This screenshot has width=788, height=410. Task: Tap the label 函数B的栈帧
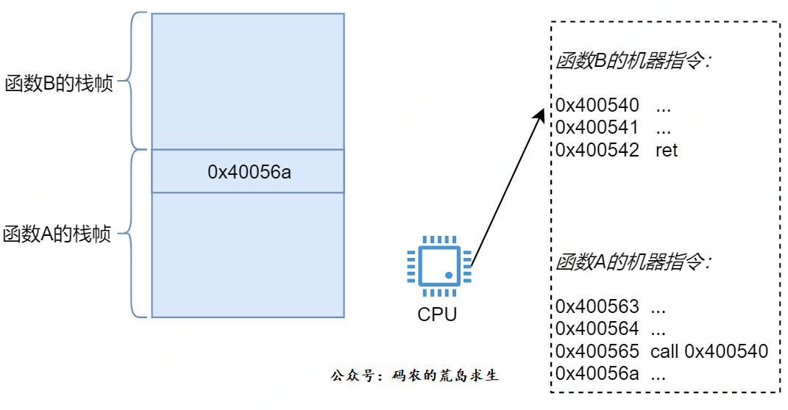(x=59, y=82)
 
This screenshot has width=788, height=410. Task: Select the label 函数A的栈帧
(x=57, y=235)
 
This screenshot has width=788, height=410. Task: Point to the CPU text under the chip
(x=437, y=315)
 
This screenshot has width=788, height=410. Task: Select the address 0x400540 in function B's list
(x=597, y=106)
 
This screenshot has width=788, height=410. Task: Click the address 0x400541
(x=597, y=128)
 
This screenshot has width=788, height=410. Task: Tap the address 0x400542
(x=597, y=150)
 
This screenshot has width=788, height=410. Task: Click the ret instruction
(x=666, y=150)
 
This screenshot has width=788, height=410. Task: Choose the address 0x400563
(x=597, y=306)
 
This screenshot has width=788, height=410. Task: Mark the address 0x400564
(x=597, y=328)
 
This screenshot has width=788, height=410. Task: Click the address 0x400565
(x=597, y=351)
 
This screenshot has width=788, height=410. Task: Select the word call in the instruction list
(x=664, y=351)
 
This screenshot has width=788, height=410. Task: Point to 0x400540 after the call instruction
(x=726, y=351)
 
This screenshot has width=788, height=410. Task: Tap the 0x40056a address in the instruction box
(x=597, y=373)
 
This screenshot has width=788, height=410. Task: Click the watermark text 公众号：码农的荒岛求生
(x=415, y=376)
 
